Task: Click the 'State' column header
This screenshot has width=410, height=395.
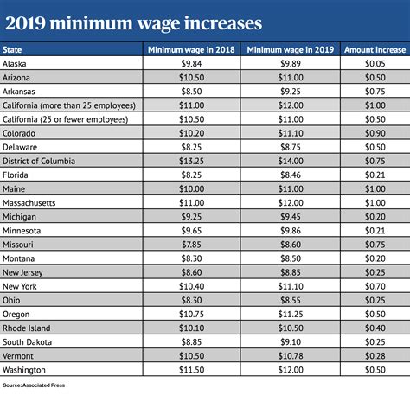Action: pyautogui.click(x=15, y=50)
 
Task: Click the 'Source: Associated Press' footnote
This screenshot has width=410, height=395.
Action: pyautogui.click(x=35, y=385)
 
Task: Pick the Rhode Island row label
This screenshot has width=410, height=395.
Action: pyautogui.click(x=27, y=328)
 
